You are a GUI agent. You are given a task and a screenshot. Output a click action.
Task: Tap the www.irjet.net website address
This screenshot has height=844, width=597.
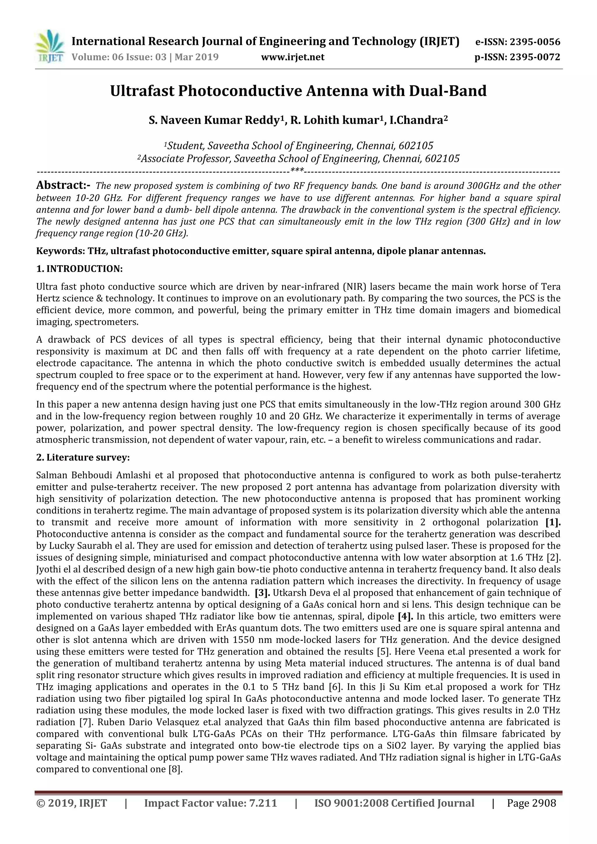293,57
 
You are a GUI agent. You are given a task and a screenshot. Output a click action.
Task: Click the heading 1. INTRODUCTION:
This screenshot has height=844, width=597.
79,269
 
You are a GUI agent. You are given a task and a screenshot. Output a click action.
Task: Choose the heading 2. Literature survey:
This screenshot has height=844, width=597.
83,457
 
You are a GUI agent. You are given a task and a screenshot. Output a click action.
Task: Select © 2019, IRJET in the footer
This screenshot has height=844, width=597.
71,803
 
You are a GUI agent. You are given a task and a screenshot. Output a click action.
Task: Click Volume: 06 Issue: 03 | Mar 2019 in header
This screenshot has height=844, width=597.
145,57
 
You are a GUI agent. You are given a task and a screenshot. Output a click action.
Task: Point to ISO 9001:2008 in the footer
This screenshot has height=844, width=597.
351,803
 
